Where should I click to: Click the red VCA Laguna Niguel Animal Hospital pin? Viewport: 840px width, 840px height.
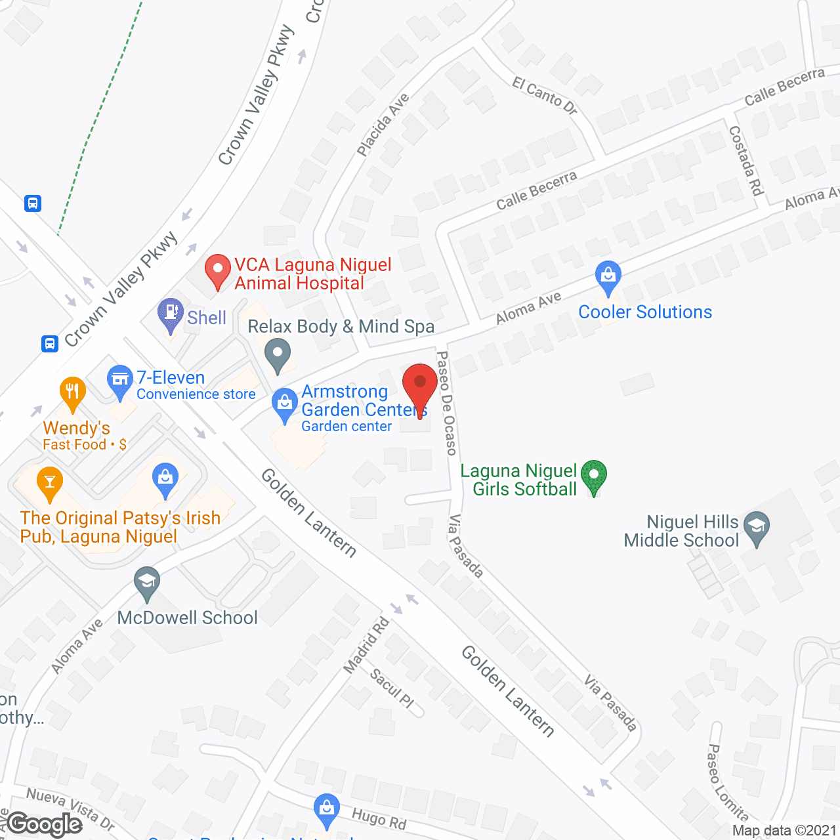[217, 271]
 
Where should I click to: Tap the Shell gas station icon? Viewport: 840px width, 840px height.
[171, 315]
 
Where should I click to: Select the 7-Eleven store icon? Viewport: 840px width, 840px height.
[119, 381]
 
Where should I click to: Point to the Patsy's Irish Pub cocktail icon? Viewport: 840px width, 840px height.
[50, 483]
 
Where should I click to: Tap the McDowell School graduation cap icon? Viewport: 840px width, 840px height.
[147, 583]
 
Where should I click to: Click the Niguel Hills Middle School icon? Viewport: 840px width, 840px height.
[757, 528]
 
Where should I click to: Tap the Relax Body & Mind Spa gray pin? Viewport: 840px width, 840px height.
[278, 354]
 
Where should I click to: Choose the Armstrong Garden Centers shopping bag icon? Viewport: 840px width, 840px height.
[285, 405]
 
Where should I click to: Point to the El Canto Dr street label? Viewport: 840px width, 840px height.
[545, 96]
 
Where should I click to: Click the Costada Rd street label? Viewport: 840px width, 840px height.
[746, 161]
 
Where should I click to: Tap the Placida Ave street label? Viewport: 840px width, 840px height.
[383, 125]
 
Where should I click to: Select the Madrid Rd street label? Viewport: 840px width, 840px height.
[366, 646]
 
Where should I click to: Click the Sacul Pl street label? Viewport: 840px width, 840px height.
[392, 688]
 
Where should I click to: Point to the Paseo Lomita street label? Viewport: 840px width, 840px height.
[727, 782]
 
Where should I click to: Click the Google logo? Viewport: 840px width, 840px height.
[45, 824]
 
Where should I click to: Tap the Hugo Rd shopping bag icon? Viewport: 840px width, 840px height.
[326, 809]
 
